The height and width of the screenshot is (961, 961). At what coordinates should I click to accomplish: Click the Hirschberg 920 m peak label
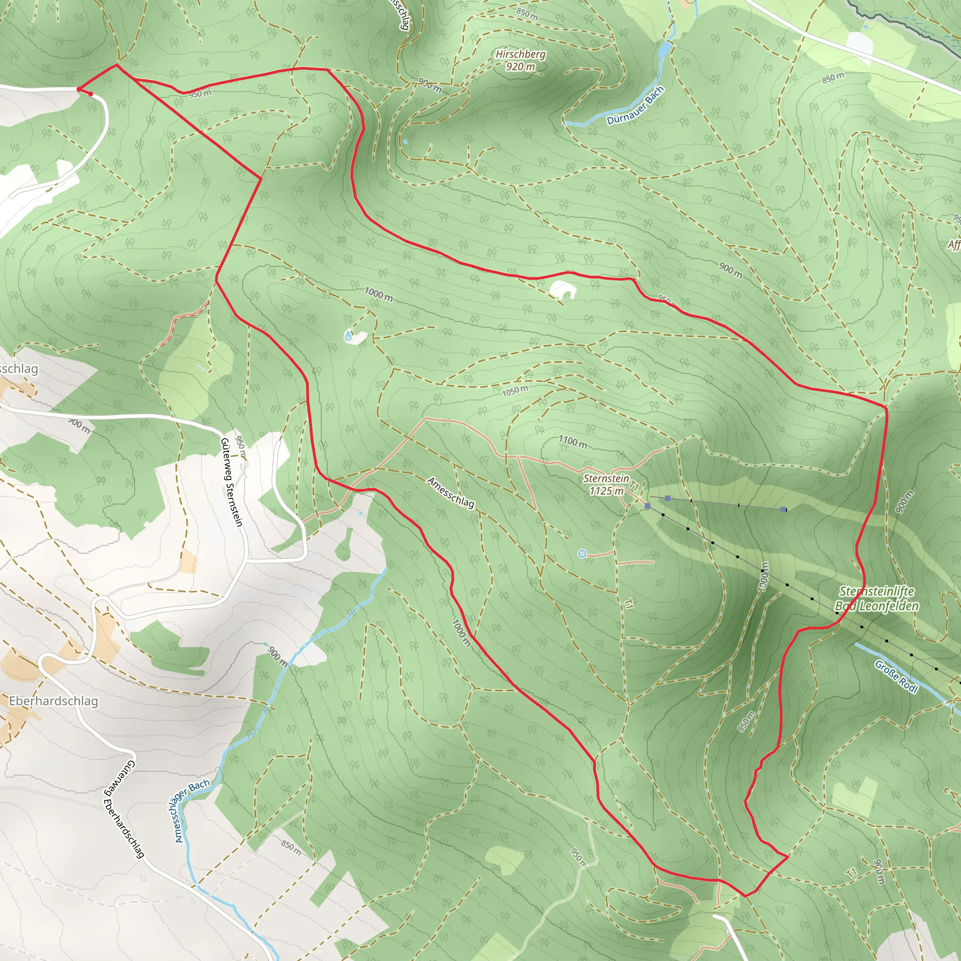pos(520,60)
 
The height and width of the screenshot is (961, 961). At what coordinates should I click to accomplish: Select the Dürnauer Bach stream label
pos(635,106)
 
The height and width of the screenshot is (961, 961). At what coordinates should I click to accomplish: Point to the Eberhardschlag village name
pos(53,701)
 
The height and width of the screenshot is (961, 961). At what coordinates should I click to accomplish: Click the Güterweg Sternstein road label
pos(232,482)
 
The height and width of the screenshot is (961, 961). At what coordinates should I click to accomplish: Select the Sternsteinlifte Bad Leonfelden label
pos(877,598)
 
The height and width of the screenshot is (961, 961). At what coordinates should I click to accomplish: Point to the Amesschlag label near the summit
pos(450,492)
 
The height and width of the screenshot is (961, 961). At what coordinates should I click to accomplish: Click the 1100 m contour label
pos(572,441)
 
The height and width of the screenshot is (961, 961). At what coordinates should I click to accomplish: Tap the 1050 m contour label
pos(515,391)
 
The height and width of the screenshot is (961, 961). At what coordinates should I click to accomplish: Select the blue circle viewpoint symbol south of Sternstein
pos(582,554)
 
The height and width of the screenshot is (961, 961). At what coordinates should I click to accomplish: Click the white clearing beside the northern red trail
pos(562,290)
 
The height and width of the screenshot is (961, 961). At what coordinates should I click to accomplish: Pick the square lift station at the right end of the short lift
pos(784,509)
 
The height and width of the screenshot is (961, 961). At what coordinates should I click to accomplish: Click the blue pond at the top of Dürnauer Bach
pos(664,49)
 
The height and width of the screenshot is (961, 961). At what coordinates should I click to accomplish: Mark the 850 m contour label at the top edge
pos(527,14)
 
